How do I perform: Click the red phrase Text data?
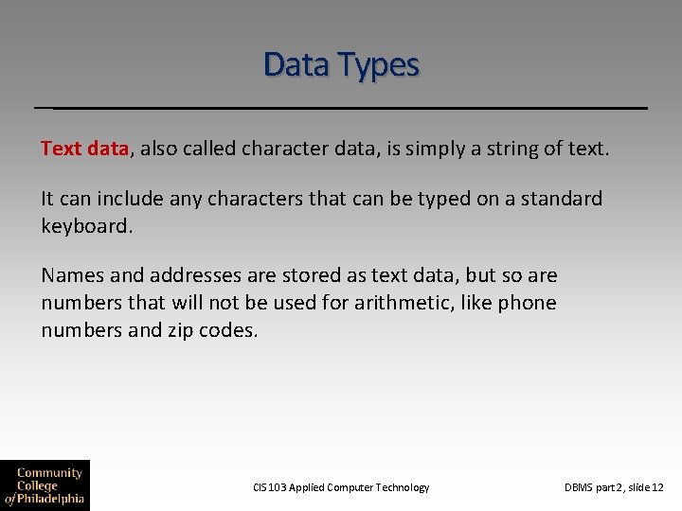[84, 148]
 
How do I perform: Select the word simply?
[440, 149]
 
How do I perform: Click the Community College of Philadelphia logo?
[45, 485]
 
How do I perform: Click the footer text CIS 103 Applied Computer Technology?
[341, 487]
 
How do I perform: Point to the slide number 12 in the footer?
[657, 487]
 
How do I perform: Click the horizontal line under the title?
[341, 108]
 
